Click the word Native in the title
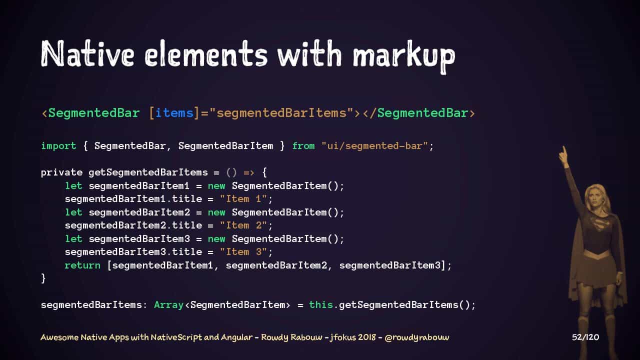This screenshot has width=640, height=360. point(87,53)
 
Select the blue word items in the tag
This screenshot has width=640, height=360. point(174,113)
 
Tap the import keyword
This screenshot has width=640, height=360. point(58,146)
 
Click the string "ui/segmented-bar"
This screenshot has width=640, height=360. point(374,146)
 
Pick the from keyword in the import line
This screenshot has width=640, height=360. point(303,146)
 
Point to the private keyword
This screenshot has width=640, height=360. point(61,172)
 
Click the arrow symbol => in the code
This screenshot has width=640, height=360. point(249,172)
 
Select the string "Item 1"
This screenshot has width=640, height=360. point(243,199)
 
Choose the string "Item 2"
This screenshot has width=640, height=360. point(243,225)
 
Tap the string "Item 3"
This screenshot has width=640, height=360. point(243,252)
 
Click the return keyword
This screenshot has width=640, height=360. point(82,265)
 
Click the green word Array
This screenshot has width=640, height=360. point(168,304)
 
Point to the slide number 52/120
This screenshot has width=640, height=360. point(585,337)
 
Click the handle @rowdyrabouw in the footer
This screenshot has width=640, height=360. point(416,337)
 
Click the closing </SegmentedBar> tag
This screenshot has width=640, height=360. point(418,113)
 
